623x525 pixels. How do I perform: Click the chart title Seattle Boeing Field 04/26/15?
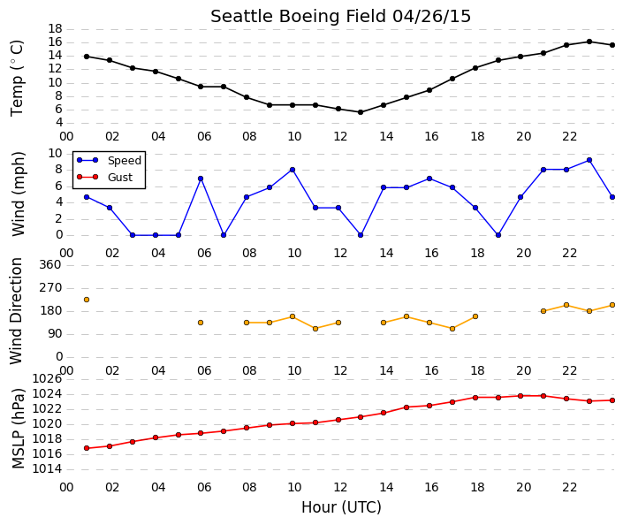point(340,17)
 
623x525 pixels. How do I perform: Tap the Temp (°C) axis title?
point(17,78)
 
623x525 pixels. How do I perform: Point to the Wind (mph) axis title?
point(19,194)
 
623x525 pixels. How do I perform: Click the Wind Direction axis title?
point(16,311)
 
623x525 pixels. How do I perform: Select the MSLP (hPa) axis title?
point(19,429)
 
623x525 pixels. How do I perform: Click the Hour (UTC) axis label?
point(341,507)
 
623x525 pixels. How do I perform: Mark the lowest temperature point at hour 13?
point(361,112)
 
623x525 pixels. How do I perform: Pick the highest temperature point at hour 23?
point(589,42)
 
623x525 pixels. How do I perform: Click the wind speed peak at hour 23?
point(589,160)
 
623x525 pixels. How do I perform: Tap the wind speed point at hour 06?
point(201,179)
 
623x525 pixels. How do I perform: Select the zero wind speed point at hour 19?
point(498,235)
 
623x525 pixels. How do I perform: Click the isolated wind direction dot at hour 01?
point(87,300)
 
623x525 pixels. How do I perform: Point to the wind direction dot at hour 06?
point(201,323)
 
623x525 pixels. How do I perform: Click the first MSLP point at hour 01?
point(87,448)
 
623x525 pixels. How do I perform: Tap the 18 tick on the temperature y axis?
point(55,28)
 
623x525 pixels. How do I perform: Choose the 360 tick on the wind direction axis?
point(50,265)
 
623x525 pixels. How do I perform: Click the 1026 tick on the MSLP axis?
point(47,379)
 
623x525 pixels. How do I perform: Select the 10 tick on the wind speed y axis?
point(55,154)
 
